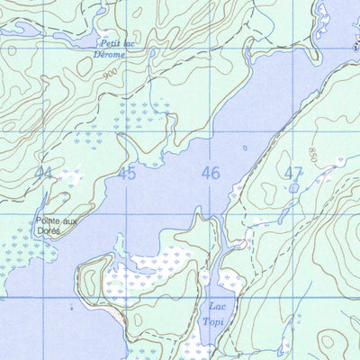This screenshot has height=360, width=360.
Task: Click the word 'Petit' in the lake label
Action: coord(110,43)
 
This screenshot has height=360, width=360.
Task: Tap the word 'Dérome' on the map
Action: coord(109,54)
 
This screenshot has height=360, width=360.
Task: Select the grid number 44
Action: coord(43,173)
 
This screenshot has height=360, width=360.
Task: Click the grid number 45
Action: coord(126,173)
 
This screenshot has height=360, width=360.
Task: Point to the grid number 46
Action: coord(211,173)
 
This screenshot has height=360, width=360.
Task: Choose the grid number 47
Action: coord(293,173)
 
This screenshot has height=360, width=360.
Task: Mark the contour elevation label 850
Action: coord(313,154)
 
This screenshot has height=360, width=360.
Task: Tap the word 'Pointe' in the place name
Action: coord(46,220)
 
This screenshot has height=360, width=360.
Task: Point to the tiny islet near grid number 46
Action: coord(244,148)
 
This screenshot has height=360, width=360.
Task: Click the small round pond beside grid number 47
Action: coord(294,188)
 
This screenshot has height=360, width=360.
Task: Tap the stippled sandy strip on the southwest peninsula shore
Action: coord(83,270)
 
